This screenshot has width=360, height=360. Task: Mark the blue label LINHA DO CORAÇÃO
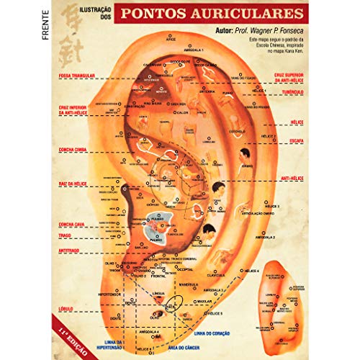[215, 333]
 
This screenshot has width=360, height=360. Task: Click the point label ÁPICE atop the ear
[171, 42]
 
